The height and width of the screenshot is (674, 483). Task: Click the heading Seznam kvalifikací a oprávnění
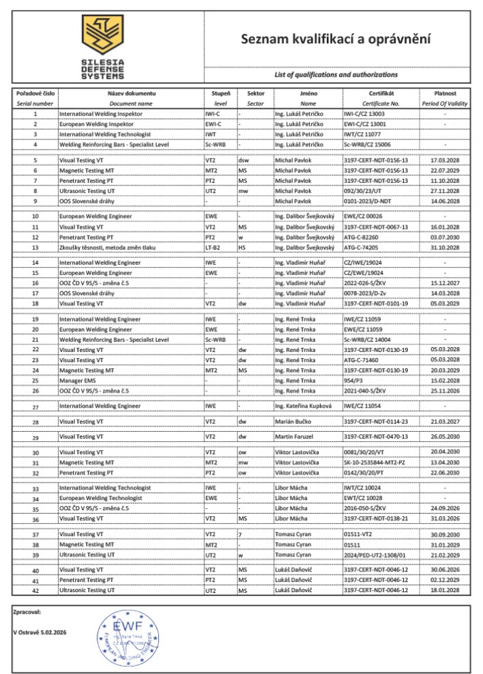point(336,39)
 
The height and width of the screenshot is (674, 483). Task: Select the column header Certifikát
point(382,93)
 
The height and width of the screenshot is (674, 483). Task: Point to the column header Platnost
point(444,93)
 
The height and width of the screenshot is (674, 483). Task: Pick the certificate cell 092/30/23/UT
point(363,191)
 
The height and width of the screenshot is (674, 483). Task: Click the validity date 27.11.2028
point(444,191)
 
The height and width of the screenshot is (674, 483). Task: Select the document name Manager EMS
point(76,380)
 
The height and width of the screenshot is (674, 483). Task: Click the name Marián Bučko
point(293,422)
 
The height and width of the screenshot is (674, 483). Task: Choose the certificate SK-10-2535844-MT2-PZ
point(377,462)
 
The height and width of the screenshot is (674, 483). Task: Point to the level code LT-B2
point(212,247)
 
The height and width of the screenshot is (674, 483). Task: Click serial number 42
point(35,591)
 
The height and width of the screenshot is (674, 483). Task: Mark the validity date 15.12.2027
point(444,283)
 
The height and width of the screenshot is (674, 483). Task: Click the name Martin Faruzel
point(295,437)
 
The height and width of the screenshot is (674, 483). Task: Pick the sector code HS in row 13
point(241,247)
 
